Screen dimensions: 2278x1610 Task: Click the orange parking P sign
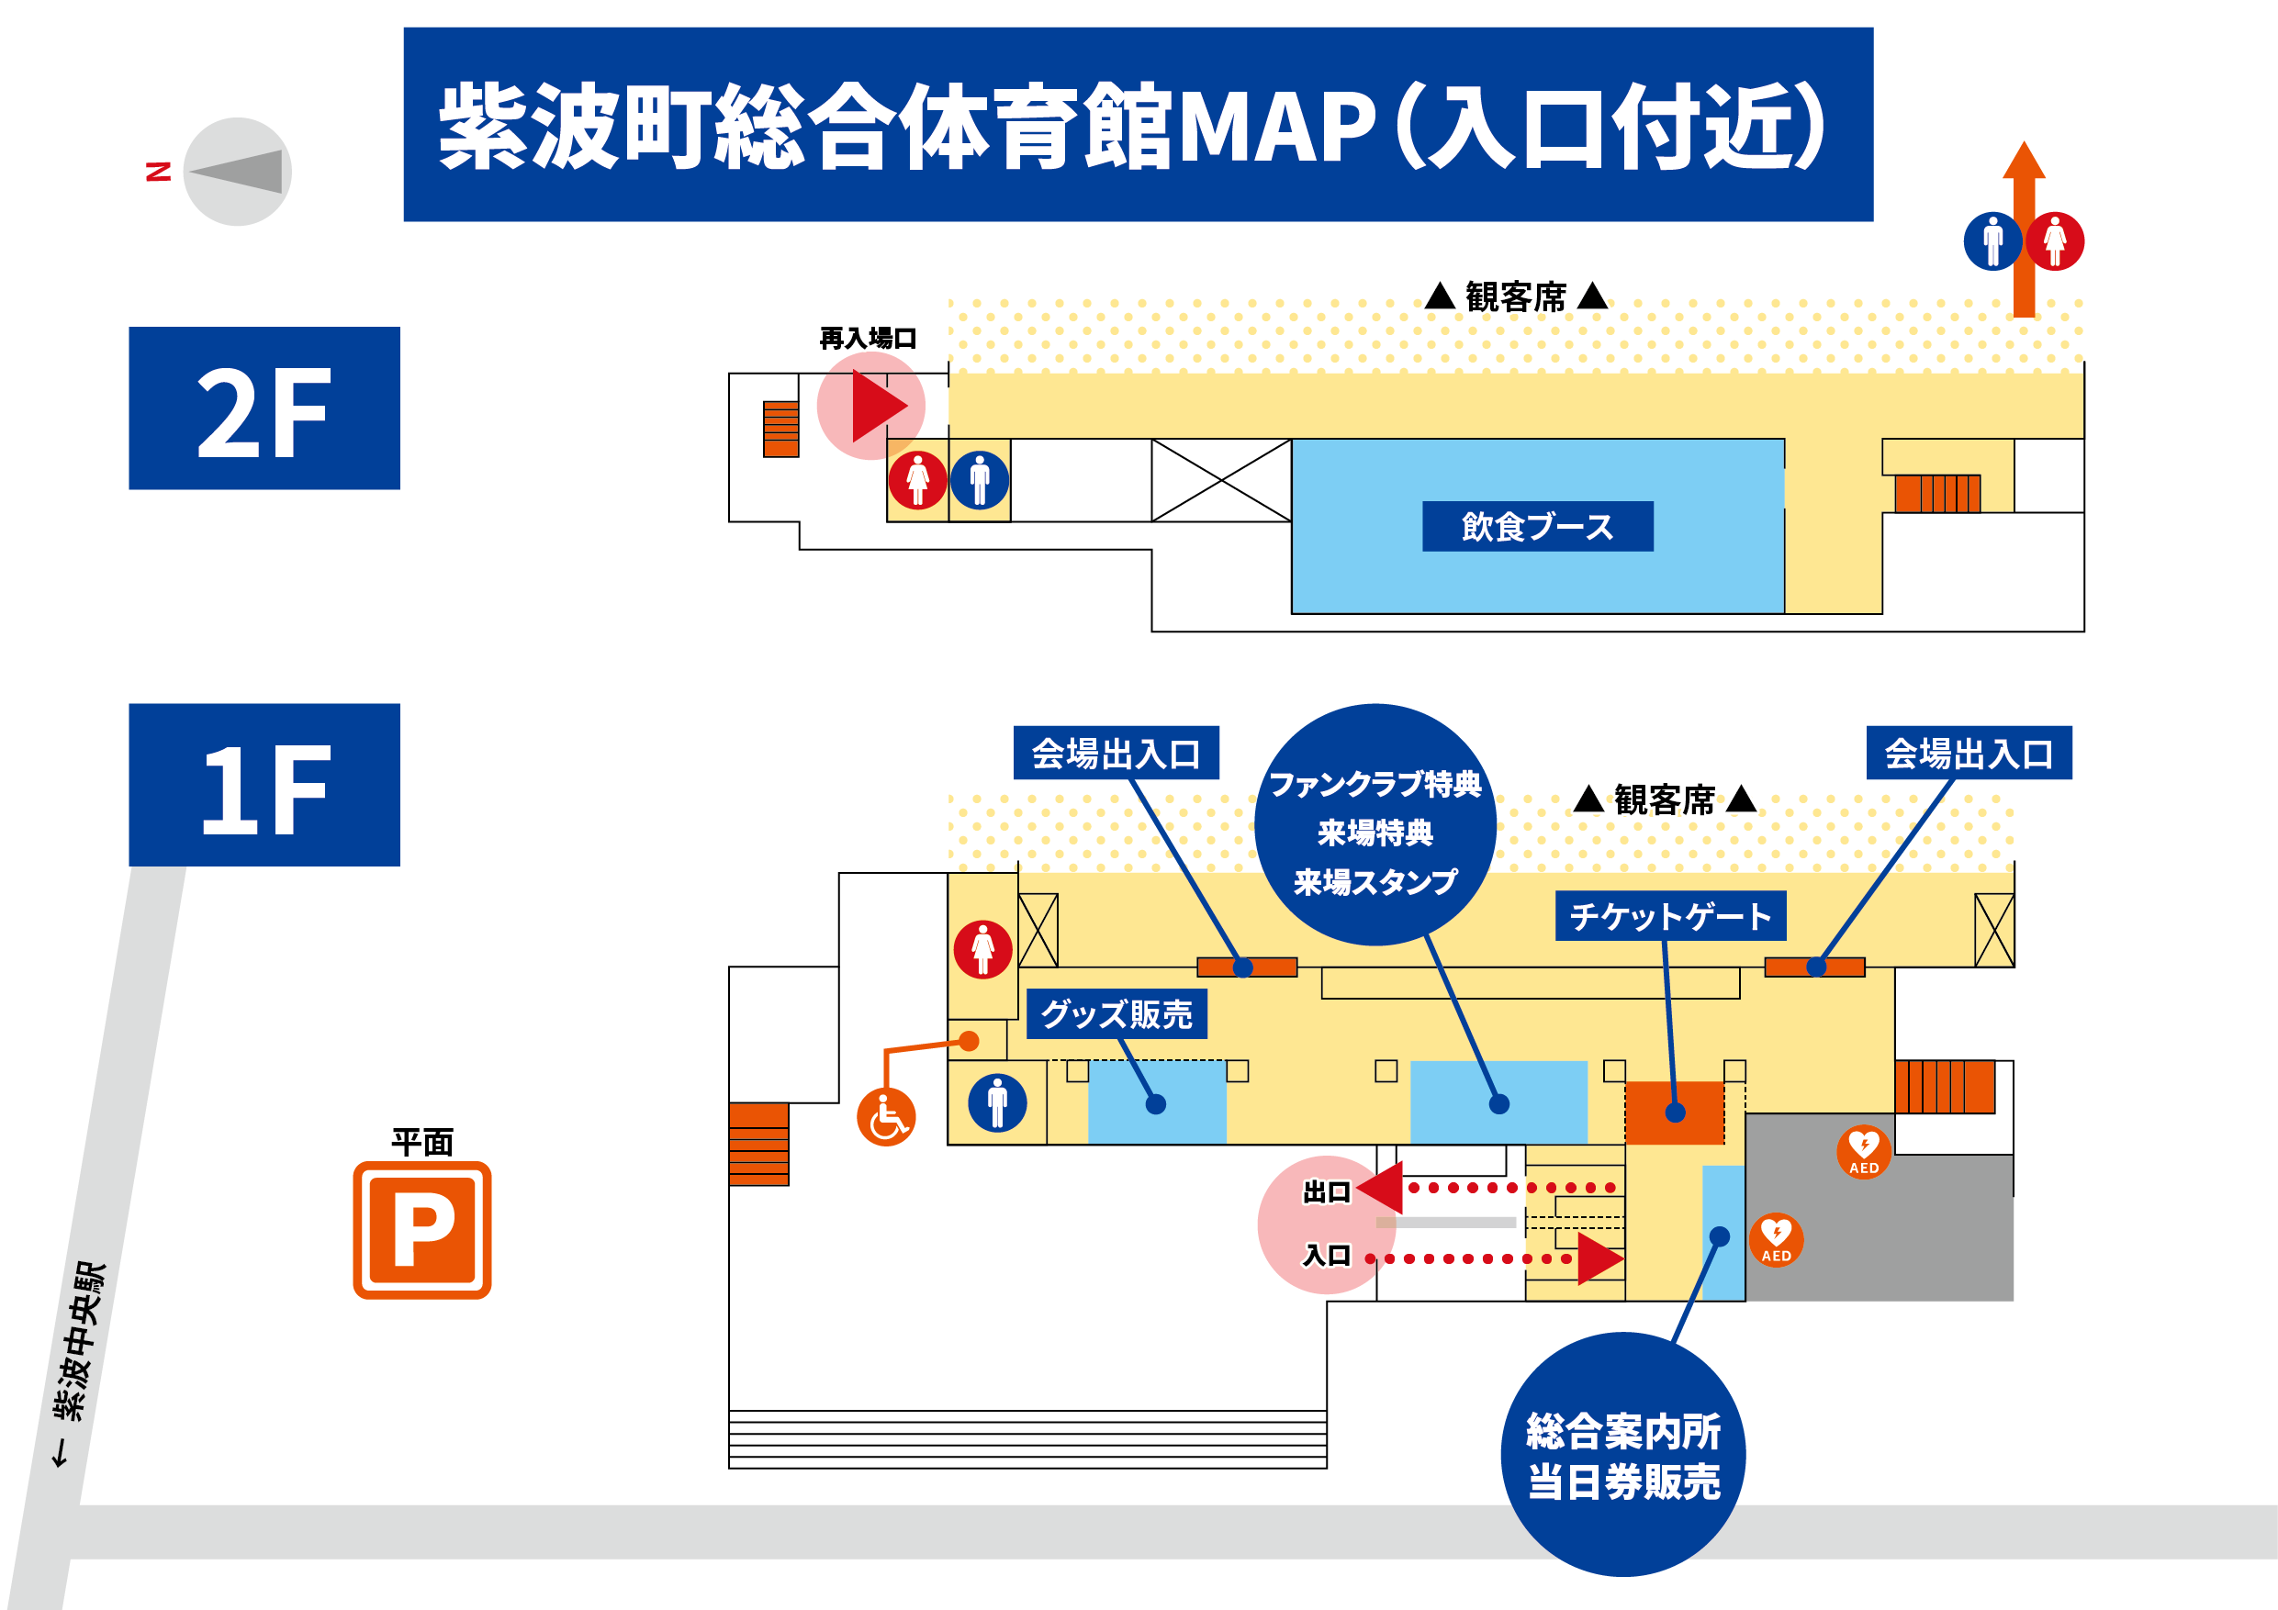pos(421,1229)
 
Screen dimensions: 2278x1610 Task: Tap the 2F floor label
pos(264,408)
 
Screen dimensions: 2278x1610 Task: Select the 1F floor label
pos(264,785)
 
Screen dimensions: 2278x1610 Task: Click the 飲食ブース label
pos(1537,526)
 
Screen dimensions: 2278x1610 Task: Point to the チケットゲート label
pos(1670,915)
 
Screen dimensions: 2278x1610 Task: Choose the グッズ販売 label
pos(1117,1013)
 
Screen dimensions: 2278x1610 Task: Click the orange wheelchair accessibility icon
pos(886,1117)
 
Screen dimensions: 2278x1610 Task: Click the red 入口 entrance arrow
pos(1600,1258)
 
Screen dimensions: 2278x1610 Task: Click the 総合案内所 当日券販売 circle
pos(1623,1454)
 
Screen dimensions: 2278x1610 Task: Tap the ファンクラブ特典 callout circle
pos(1375,824)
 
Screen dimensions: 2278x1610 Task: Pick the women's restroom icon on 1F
pos(982,949)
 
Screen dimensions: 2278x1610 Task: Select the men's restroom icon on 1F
pos(997,1102)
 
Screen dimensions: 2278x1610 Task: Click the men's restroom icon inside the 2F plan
pos(980,480)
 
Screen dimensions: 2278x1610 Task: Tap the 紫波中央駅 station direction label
pos(78,1363)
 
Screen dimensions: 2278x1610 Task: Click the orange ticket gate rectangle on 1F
pos(1675,1112)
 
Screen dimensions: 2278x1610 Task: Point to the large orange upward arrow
pos(2024,229)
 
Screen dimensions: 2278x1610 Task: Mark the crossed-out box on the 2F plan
pos(1221,480)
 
